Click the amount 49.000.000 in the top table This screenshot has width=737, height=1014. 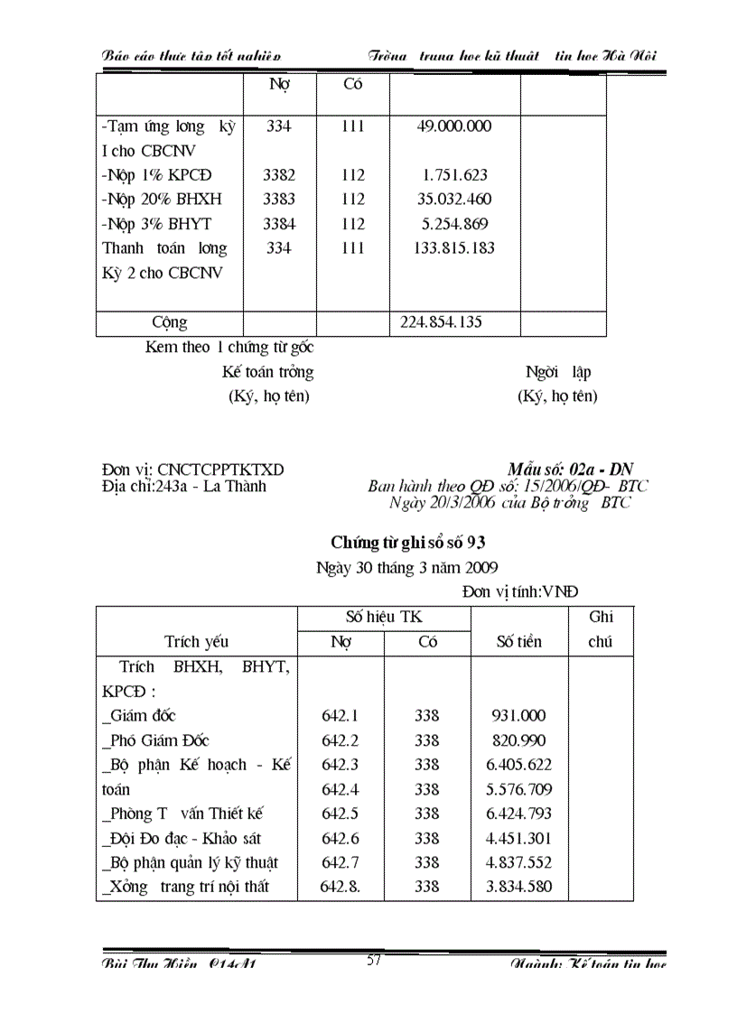(454, 126)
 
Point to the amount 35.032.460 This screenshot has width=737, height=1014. (454, 200)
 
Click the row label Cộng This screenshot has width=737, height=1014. (170, 323)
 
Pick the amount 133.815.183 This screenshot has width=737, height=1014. (454, 248)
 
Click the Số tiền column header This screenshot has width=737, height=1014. (519, 642)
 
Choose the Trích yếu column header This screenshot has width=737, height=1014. (196, 642)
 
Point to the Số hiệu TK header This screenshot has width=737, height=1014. (384, 618)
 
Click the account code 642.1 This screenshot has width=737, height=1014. (340, 716)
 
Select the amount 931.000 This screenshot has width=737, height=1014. (518, 716)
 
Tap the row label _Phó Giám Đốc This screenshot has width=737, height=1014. (155, 740)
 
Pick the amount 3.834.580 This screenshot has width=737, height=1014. (518, 887)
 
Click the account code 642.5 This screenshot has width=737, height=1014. (340, 814)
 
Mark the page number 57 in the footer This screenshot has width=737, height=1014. (375, 961)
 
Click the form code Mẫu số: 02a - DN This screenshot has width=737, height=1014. (570, 470)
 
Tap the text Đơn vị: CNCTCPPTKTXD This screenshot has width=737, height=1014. (192, 470)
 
